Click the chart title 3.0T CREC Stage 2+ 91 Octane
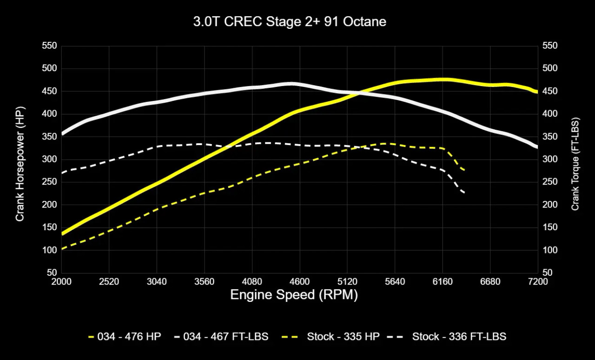click(290, 22)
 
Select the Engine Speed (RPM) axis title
click(294, 295)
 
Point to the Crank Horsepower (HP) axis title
click(20, 164)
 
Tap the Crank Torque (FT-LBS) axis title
click(575, 164)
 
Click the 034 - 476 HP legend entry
click(124, 336)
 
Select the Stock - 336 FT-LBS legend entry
click(453, 336)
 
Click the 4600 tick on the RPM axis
click(300, 282)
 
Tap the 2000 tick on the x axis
click(61, 282)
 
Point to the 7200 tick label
click(538, 282)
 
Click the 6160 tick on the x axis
click(443, 282)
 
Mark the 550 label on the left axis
click(49, 46)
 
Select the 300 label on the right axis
click(549, 160)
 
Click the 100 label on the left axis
click(49, 250)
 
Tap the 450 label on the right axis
click(549, 91)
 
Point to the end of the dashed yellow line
click(463, 170)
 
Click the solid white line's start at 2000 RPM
click(62, 134)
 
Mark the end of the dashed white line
click(463, 193)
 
